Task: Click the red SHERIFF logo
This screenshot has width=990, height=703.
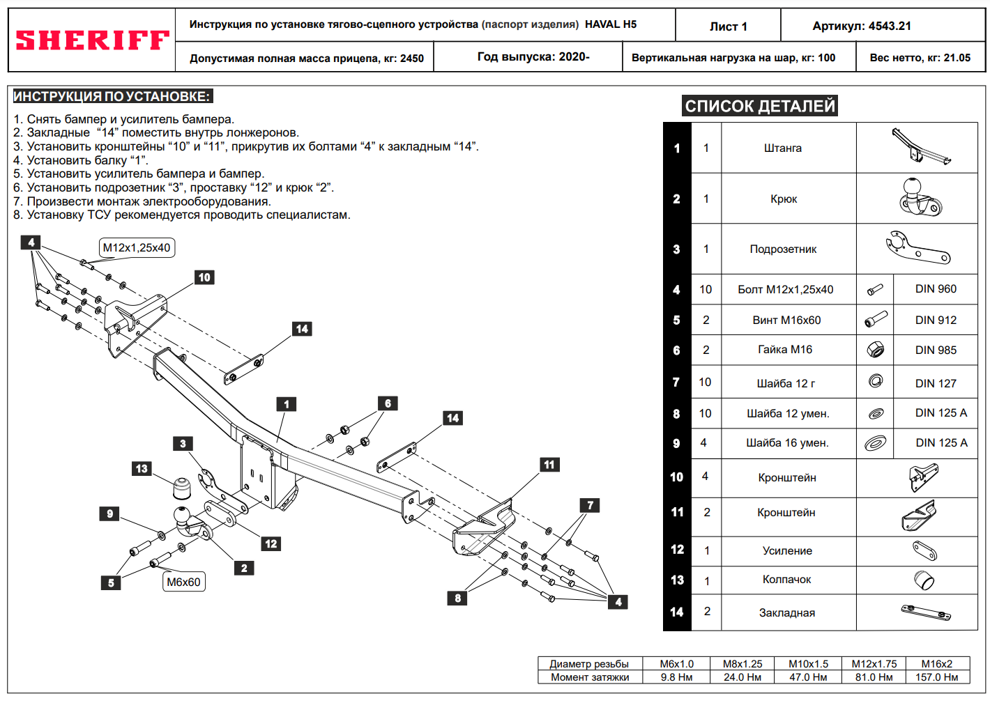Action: (x=92, y=40)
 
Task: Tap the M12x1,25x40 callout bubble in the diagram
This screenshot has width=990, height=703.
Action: (x=137, y=248)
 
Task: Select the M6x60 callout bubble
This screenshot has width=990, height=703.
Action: (x=183, y=582)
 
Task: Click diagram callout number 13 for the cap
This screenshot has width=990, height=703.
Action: (x=142, y=469)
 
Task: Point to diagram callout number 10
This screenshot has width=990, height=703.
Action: (x=204, y=277)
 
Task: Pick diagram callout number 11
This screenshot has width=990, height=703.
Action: (x=549, y=465)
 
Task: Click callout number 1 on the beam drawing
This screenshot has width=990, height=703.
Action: (x=286, y=404)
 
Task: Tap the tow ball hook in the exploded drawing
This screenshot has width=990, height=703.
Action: (x=186, y=523)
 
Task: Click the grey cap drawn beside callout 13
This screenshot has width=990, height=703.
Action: (x=183, y=488)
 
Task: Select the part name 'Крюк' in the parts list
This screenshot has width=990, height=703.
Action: (x=784, y=199)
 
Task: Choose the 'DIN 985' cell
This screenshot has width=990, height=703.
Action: (x=936, y=350)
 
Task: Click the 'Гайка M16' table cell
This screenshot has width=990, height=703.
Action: (x=785, y=350)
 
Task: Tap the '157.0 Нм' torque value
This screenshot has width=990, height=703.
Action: (x=936, y=677)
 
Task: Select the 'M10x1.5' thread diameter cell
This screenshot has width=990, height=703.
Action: (x=808, y=664)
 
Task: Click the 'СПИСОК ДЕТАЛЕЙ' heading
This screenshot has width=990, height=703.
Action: (x=759, y=106)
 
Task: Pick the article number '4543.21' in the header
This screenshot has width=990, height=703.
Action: (x=889, y=26)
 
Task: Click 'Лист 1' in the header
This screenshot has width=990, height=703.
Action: (x=728, y=26)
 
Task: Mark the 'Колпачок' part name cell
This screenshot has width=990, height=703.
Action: (x=786, y=580)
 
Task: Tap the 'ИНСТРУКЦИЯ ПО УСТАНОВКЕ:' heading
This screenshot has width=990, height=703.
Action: (x=112, y=97)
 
